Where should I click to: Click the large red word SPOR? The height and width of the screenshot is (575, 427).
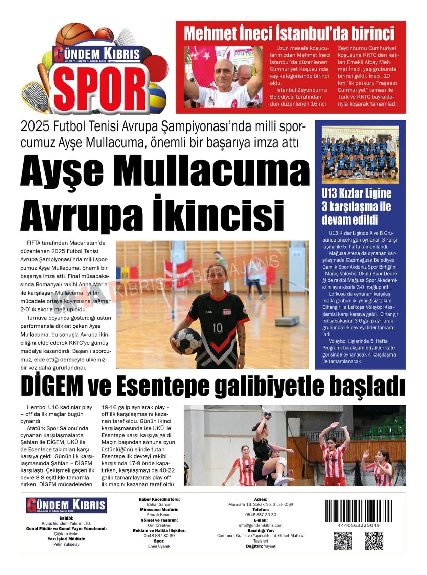(101, 87)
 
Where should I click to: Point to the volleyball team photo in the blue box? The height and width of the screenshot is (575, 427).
(360, 155)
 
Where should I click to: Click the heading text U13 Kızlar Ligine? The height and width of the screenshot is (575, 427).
(356, 193)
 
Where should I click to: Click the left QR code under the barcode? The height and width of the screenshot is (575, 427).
(343, 540)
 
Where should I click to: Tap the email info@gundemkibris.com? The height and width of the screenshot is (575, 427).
(261, 525)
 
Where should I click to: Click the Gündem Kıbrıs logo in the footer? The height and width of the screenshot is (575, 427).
(66, 505)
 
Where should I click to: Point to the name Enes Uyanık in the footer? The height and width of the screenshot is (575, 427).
(159, 546)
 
